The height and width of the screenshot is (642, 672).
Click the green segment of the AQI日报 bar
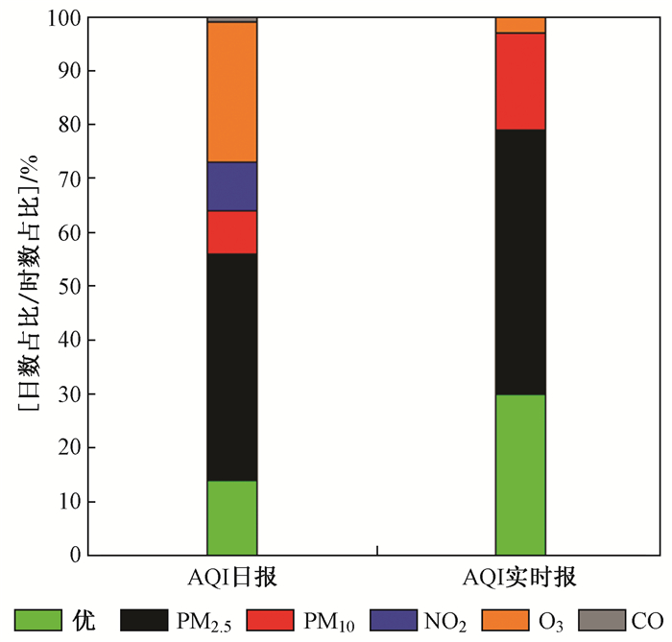pos(231,517)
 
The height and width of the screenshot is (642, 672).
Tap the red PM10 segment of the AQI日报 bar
pos(231,232)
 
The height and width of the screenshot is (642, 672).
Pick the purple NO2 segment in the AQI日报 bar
pos(231,186)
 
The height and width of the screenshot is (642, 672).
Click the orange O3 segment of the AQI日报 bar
pos(231,92)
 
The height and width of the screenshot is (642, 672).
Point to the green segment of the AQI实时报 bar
pos(520,474)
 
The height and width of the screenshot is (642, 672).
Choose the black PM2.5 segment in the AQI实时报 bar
pos(520,262)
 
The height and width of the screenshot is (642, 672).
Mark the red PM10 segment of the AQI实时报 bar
pos(520,82)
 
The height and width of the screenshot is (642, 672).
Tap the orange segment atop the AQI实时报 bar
pos(520,25)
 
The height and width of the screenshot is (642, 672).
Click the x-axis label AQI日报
pos(231,578)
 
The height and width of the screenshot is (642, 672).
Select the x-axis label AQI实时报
pos(519,578)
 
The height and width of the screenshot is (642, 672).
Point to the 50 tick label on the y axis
pos(66,287)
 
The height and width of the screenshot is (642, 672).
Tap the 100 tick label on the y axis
pos(61,18)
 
